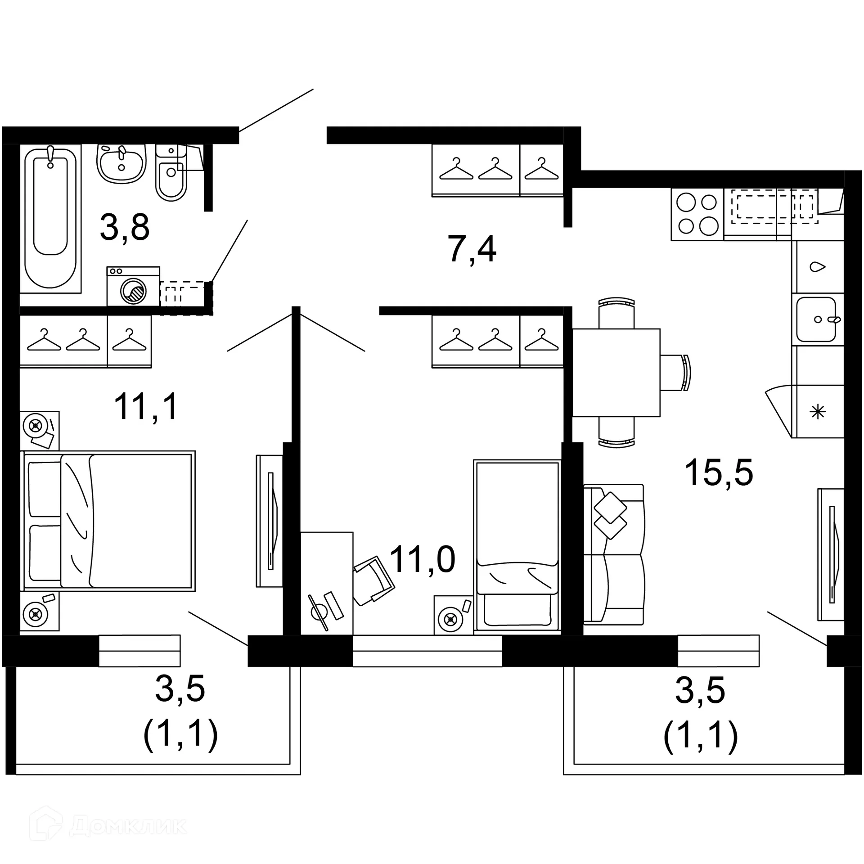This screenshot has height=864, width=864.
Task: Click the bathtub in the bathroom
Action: (50, 218)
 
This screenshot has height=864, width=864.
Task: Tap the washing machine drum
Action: (134, 291)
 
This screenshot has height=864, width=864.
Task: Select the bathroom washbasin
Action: (121, 164)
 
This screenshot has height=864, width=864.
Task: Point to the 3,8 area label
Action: (125, 228)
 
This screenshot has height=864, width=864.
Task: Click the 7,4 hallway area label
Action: (472, 249)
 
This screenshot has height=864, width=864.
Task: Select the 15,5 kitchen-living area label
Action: (718, 473)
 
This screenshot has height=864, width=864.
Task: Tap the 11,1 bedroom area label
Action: (146, 406)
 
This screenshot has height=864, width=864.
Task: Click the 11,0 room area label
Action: (422, 559)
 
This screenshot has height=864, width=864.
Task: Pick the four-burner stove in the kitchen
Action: (697, 214)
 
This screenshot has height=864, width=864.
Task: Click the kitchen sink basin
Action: (815, 319)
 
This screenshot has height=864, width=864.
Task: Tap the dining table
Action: (616, 372)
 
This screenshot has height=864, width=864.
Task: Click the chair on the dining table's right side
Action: (675, 372)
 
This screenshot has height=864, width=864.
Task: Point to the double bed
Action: (108, 521)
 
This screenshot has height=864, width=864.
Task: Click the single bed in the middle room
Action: (517, 546)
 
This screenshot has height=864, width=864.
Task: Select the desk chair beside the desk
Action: (373, 580)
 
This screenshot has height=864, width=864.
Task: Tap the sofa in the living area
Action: (613, 554)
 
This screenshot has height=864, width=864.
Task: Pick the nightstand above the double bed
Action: (40, 430)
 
